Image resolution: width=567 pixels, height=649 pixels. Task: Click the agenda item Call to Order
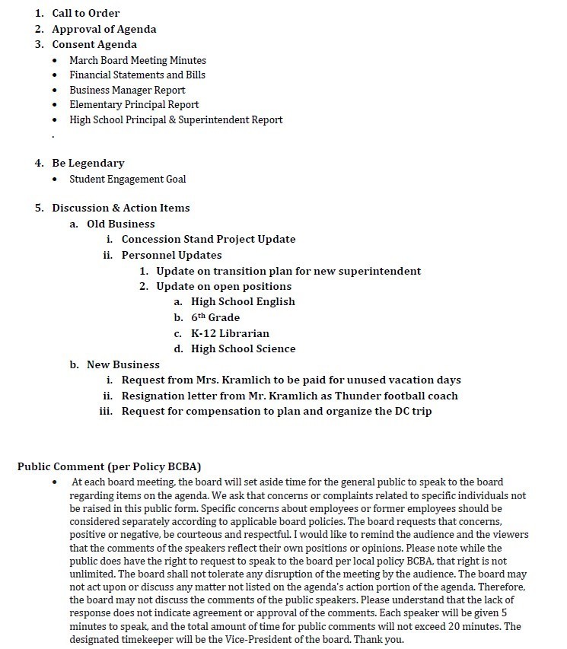pyautogui.click(x=85, y=13)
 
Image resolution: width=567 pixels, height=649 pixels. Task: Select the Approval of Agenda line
pyautogui.click(x=104, y=29)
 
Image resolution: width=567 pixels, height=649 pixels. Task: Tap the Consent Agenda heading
pyautogui.click(x=94, y=44)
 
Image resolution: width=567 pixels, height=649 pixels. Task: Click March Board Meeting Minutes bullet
pyautogui.click(x=137, y=60)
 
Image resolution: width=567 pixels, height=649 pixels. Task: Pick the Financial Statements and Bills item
pyautogui.click(x=137, y=75)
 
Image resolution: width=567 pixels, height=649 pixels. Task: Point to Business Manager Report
pyautogui.click(x=127, y=90)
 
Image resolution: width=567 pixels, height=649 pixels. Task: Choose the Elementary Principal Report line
pyautogui.click(x=134, y=104)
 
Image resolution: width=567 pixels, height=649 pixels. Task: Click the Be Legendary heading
pyautogui.click(x=88, y=163)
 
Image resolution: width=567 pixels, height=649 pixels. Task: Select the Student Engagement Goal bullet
pyautogui.click(x=127, y=179)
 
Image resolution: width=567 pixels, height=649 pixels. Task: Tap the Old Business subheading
pyautogui.click(x=120, y=224)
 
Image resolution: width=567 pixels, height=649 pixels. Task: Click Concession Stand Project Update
pyautogui.click(x=208, y=239)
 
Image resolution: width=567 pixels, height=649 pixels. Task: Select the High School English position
pyautogui.click(x=243, y=301)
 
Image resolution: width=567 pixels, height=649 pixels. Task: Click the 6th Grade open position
pyautogui.click(x=215, y=317)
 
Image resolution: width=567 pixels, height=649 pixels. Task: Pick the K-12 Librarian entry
pyautogui.click(x=230, y=333)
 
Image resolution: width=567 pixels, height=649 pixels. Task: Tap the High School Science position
pyautogui.click(x=243, y=348)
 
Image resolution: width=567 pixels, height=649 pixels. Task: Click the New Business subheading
pyautogui.click(x=123, y=364)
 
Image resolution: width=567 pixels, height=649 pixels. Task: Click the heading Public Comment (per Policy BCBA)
pyautogui.click(x=109, y=466)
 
